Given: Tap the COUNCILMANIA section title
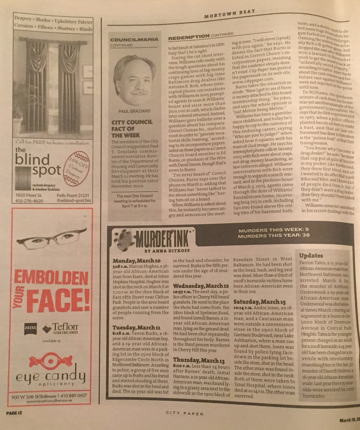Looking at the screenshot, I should coord(134,40).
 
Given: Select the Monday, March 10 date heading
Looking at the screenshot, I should coord(137,261).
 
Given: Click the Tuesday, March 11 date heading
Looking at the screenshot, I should coord(136,328).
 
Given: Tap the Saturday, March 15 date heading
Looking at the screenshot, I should coord(259,301).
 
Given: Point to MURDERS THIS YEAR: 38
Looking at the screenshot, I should coord(273,236).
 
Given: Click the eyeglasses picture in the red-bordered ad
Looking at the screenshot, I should coord(51,239).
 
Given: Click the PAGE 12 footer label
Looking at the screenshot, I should coord(14,413).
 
